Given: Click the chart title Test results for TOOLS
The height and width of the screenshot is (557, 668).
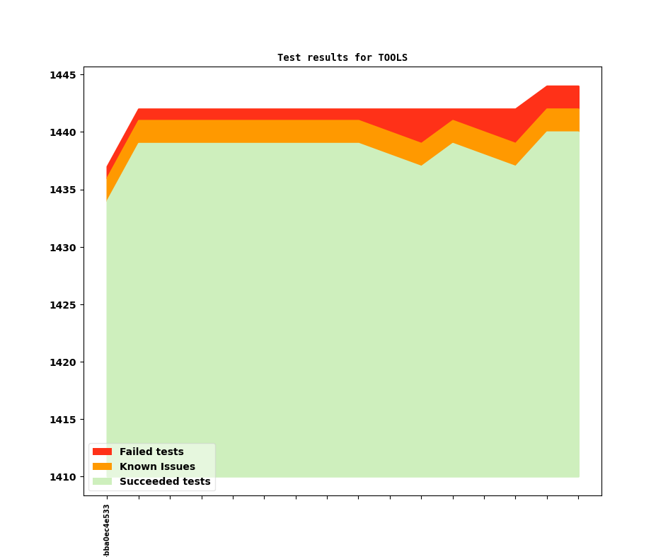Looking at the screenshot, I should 342,57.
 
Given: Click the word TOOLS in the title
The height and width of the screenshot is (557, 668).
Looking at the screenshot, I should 393,57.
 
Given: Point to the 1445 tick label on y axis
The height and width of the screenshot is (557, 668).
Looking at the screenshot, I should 64,75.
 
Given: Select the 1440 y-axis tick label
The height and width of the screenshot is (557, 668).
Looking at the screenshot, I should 64,132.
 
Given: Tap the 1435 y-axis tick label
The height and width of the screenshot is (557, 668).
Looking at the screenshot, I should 64,190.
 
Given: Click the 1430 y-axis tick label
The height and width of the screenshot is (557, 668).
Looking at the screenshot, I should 64,248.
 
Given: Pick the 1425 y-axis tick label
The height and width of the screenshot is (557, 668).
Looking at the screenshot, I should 64,305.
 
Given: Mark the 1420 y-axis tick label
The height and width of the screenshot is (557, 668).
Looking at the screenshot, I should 64,362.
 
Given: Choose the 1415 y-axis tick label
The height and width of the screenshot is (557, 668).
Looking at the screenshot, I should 64,420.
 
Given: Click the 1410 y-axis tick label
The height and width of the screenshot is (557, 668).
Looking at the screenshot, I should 64,477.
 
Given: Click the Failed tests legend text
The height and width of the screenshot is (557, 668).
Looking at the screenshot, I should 151,452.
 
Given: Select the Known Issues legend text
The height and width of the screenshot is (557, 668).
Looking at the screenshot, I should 157,466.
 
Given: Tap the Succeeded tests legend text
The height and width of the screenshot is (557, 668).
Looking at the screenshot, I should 165,481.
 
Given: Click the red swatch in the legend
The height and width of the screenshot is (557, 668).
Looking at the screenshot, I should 102,452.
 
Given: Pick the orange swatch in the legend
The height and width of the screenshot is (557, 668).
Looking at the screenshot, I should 102,466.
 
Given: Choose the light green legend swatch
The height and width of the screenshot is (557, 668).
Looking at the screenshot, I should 102,481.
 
